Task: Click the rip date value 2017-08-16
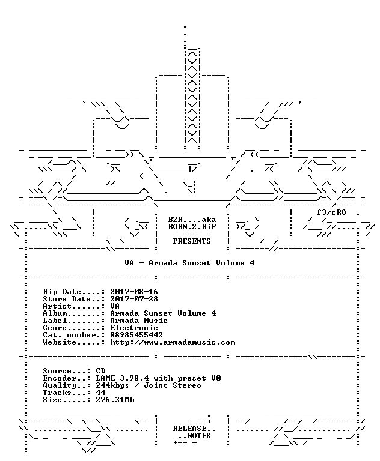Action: pyautogui.click(x=134, y=292)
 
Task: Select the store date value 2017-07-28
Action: pyautogui.click(x=134, y=299)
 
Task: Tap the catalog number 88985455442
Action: pyautogui.click(x=136, y=335)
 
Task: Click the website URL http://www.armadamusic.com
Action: pyautogui.click(x=173, y=342)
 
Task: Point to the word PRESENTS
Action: pyautogui.click(x=192, y=241)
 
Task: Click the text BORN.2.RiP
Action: pyautogui.click(x=192, y=227)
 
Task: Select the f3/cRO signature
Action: pyautogui.click(x=331, y=212)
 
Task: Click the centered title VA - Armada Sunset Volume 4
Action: pyautogui.click(x=189, y=263)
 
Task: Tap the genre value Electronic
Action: pyautogui.click(x=134, y=328)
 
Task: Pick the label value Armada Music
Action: pyautogui.click(x=139, y=321)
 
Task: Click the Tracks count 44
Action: pyautogui.click(x=101, y=393)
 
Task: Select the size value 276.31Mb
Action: pyautogui.click(x=115, y=400)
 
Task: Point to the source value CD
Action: pyautogui.click(x=101, y=371)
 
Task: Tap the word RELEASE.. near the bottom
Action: pyautogui.click(x=194, y=429)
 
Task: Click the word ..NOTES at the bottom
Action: pyautogui.click(x=194, y=436)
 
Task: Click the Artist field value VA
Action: pyautogui.click(x=115, y=306)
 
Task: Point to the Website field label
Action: pyautogui.click(x=60, y=342)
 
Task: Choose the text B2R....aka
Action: pyautogui.click(x=192, y=220)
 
